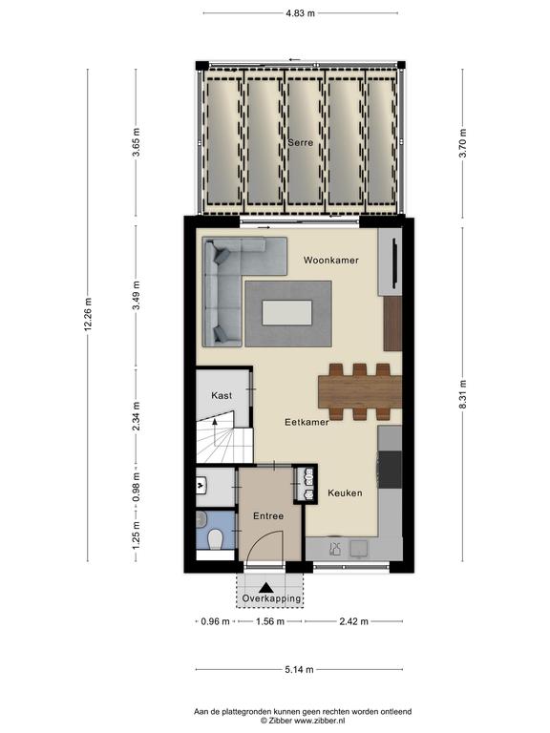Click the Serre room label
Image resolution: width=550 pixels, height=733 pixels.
(300, 142)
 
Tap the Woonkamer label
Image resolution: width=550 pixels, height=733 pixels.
(331, 260)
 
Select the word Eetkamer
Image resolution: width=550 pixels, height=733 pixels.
(307, 422)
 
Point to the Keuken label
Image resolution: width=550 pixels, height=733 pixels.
(345, 493)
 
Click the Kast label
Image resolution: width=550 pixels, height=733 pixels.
(222, 395)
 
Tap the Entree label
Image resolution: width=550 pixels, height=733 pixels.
(268, 516)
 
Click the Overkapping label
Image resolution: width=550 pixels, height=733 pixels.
(271, 598)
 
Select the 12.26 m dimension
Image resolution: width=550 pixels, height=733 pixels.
(88, 314)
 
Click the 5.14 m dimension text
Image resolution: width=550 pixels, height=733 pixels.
(299, 669)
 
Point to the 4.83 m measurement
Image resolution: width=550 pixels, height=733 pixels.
(300, 13)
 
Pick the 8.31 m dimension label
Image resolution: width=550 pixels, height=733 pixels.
(462, 394)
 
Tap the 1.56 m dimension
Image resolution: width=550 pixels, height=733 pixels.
(270, 621)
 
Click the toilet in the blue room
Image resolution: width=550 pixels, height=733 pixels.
(216, 539)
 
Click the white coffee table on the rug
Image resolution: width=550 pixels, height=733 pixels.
(286, 313)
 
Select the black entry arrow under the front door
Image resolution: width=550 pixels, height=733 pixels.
(266, 588)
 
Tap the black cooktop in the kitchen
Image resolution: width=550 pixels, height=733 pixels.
(390, 470)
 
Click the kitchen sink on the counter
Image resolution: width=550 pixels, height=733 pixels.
(359, 549)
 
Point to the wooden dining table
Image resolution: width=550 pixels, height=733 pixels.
(360, 391)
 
